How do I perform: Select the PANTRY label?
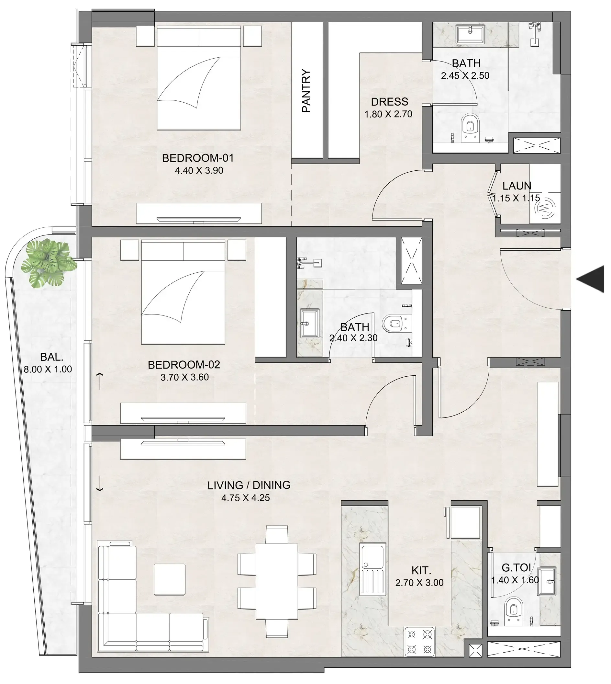coord(306,91)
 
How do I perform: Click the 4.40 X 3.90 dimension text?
coord(199,171)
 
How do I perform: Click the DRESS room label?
coord(389,102)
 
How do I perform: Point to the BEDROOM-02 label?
coord(183,365)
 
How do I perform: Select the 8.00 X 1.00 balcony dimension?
coord(48,370)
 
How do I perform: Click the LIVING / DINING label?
coord(249,485)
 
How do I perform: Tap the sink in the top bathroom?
coord(470,34)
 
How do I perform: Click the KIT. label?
coord(421,570)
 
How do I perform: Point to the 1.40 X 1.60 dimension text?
coord(515,580)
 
